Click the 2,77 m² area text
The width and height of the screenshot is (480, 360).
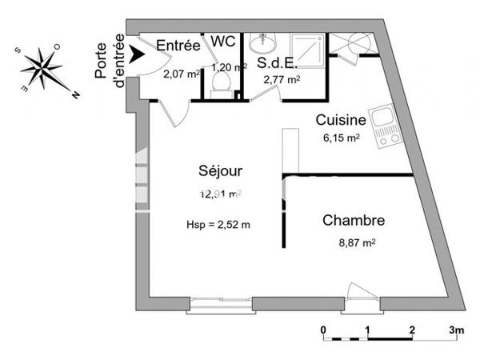(x=282, y=79)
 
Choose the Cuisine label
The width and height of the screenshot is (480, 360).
(x=341, y=121)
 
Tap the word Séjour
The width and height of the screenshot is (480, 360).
(x=220, y=171)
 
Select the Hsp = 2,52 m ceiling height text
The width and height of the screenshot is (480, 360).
(x=213, y=225)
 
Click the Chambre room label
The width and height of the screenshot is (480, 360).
(x=354, y=220)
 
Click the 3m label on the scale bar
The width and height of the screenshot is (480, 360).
(x=457, y=330)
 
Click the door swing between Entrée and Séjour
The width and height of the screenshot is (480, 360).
(x=176, y=114)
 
